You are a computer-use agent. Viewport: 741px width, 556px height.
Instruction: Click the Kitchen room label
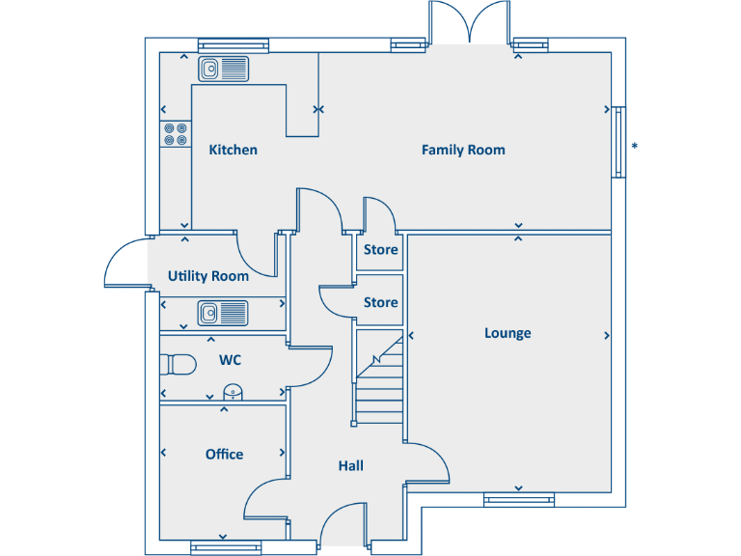[233, 150]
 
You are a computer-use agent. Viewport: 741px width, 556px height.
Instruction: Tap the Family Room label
[463, 150]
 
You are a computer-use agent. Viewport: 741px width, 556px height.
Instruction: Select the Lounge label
[508, 333]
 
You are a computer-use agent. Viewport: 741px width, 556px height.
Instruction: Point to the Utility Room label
[208, 276]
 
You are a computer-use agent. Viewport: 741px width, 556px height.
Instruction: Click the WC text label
[230, 360]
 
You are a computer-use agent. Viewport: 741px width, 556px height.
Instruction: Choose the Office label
[224, 454]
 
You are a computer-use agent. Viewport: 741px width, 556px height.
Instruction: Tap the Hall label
[350, 465]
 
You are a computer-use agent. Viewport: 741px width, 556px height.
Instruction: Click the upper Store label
[380, 250]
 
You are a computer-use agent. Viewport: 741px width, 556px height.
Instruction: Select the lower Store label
[380, 302]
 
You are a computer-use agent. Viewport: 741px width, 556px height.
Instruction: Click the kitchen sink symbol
[224, 69]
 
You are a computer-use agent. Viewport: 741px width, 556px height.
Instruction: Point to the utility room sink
[223, 312]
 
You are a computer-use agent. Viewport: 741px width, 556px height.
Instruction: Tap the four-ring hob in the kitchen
[176, 134]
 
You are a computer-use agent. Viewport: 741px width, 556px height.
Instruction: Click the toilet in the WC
[178, 364]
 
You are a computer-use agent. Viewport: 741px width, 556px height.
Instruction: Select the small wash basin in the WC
[233, 391]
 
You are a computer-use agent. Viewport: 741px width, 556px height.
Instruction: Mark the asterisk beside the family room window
[634, 147]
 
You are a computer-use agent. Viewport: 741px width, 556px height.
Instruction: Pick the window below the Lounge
[519, 499]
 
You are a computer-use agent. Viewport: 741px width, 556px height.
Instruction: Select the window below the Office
[226, 547]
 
